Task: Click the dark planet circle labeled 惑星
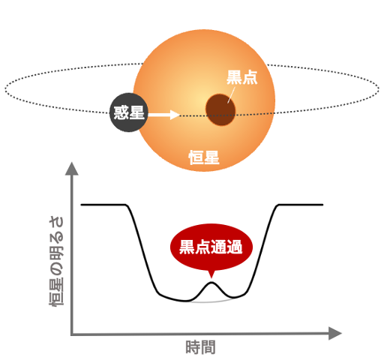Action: [x=129, y=112]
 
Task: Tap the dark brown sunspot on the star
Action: [x=220, y=109]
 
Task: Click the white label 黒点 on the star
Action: [x=241, y=77]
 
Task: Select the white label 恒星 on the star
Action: [x=204, y=157]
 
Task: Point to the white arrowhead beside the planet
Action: [x=175, y=115]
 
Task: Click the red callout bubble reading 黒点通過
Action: [x=211, y=247]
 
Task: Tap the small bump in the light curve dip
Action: [x=211, y=283]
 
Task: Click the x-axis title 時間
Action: [x=200, y=347]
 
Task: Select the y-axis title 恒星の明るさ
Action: [x=56, y=261]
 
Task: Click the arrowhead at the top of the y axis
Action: [x=72, y=169]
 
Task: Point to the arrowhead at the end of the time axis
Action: [x=335, y=333]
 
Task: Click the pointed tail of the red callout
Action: [x=211, y=275]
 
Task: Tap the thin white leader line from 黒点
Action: [x=231, y=95]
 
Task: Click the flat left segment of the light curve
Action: [x=103, y=205]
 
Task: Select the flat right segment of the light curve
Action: [x=301, y=205]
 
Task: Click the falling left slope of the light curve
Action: [x=142, y=249]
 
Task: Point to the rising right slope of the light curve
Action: [x=262, y=250]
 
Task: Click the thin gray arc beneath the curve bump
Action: [x=211, y=302]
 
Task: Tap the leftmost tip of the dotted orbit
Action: [x=5, y=88]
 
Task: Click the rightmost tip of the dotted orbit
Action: [x=379, y=88]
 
